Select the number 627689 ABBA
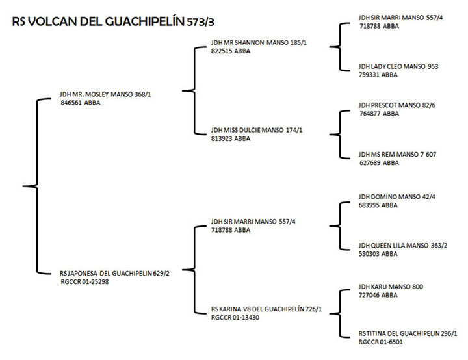[378, 162]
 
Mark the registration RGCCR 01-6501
[382, 341]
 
